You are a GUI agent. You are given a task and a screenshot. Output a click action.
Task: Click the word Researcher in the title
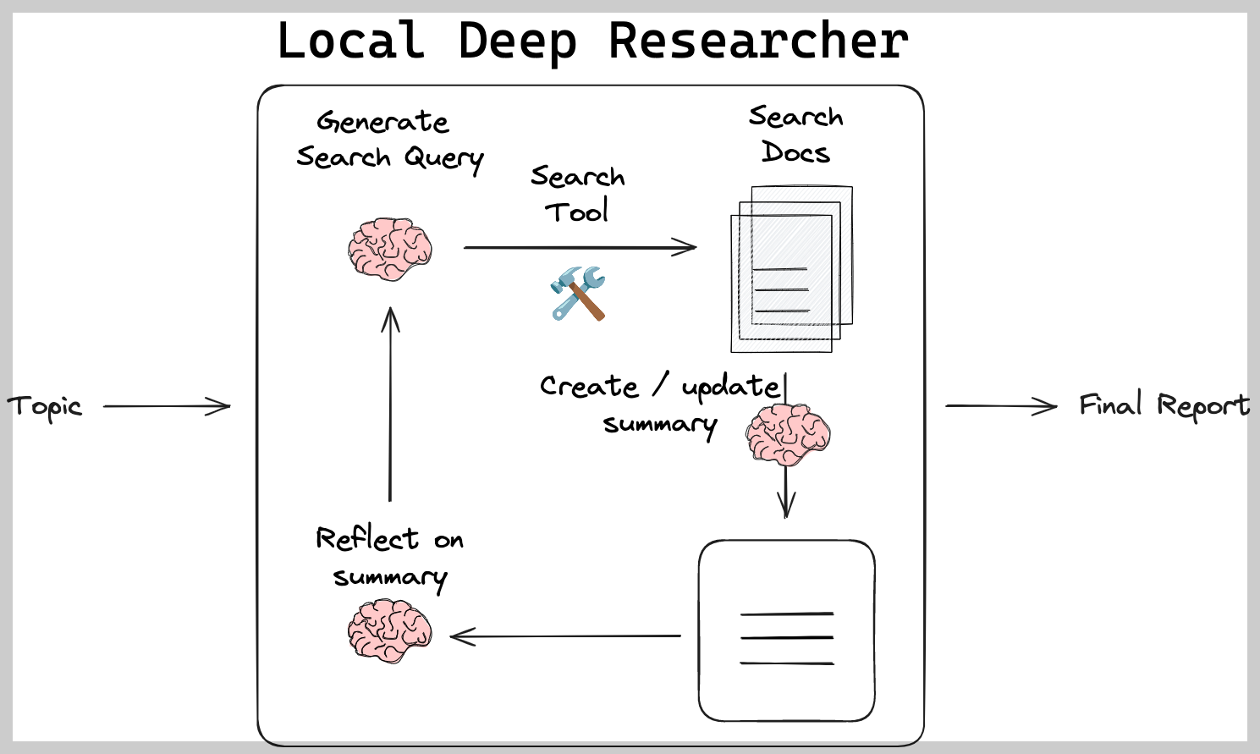pos(758,41)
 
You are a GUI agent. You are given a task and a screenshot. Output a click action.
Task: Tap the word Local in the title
pos(350,41)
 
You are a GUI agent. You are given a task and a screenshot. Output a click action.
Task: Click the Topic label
pos(45,407)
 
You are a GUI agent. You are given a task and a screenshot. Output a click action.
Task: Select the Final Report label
pos(1164,405)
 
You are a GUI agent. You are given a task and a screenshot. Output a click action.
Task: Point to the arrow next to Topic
pos(167,406)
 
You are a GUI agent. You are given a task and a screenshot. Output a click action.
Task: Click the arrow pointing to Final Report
pos(1001,406)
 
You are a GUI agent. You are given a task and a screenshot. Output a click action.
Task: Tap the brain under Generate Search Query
pos(389,249)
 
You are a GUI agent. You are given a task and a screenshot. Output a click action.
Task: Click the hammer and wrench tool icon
pos(578,293)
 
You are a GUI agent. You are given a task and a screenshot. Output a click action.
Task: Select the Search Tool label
pos(577,194)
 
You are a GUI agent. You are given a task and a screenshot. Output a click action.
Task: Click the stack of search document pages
pos(790,269)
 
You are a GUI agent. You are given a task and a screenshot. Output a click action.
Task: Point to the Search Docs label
pos(795,134)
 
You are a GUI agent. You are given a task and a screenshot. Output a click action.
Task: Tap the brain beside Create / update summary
pos(787,434)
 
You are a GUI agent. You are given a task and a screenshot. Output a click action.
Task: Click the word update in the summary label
pos(729,387)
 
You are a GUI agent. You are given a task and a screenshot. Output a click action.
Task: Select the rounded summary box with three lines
pos(786,630)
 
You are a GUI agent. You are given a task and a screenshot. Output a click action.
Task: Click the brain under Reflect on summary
pos(389,630)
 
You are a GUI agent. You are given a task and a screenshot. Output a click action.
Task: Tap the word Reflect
pos(366,538)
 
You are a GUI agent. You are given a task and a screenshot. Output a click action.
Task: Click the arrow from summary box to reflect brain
pos(565,636)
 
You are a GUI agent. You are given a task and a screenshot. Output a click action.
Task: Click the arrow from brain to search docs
pos(580,247)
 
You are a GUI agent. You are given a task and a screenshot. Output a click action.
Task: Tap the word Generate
pos(382,122)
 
